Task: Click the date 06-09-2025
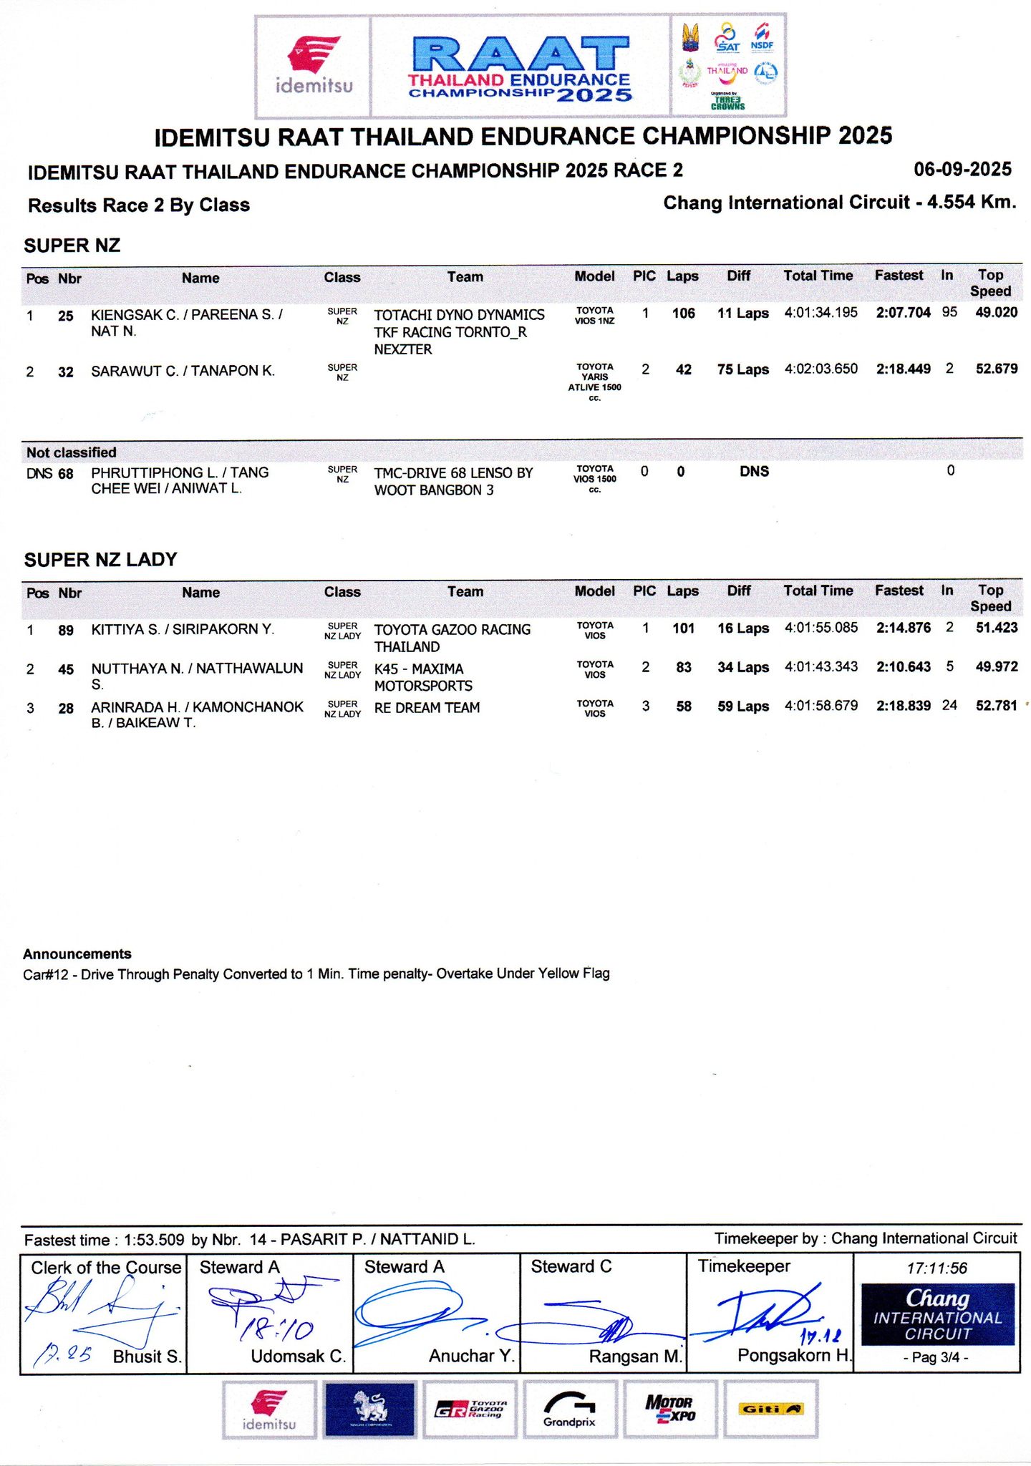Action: (962, 170)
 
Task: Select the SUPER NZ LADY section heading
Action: (100, 560)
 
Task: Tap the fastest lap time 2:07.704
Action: (903, 313)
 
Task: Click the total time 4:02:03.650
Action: (821, 369)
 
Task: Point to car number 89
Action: (66, 630)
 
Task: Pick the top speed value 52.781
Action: (996, 706)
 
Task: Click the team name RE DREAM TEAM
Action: (427, 708)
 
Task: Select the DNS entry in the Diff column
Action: (754, 472)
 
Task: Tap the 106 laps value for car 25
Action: (683, 314)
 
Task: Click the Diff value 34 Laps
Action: (743, 667)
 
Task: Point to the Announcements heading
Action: (77, 954)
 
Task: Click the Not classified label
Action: (72, 452)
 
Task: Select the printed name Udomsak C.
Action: (298, 1356)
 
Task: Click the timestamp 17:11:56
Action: (936, 1268)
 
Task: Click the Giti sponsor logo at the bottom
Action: (770, 1409)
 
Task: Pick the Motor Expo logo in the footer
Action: (669, 1409)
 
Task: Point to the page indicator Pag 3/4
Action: (936, 1357)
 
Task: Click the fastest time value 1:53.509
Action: (154, 1240)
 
